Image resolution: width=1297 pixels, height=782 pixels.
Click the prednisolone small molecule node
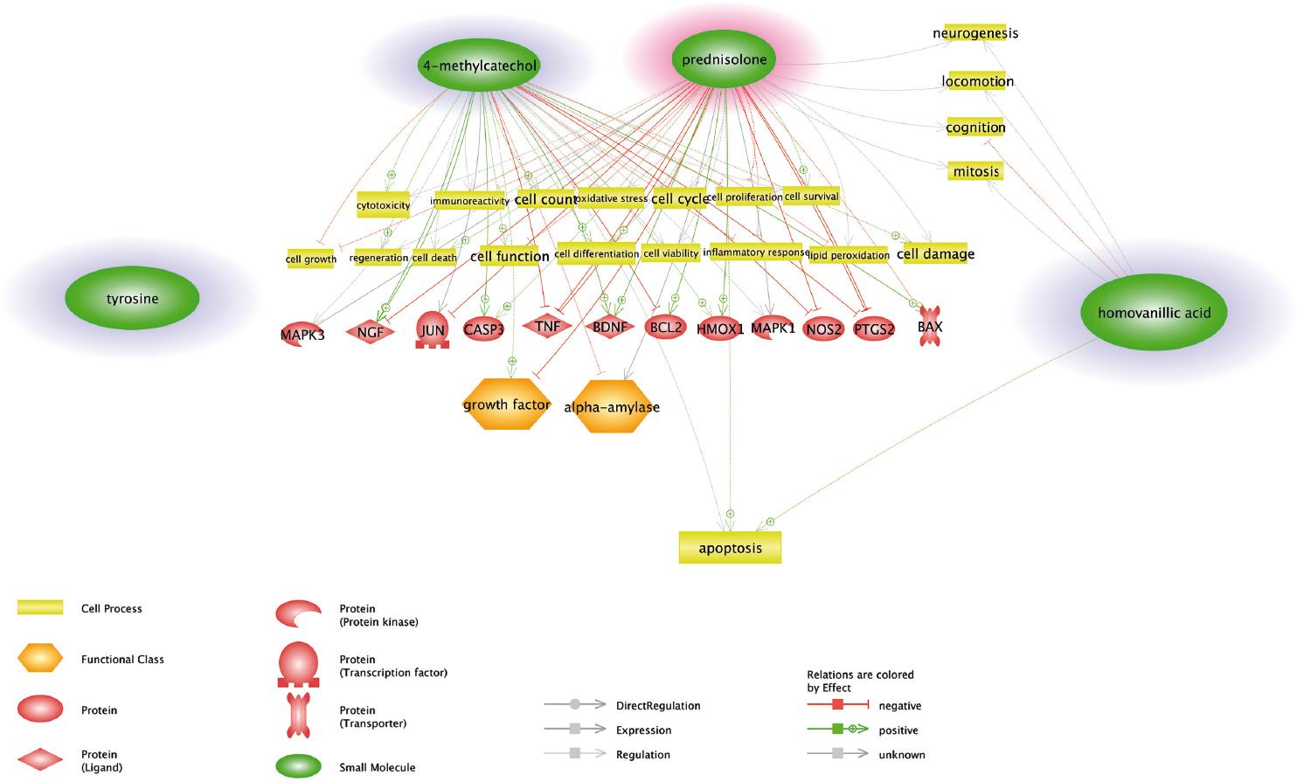[x=724, y=59]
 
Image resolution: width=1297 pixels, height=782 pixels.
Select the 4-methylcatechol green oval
[x=479, y=66]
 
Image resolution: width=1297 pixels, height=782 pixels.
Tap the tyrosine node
[x=132, y=299]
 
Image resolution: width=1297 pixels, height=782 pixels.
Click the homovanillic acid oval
[x=1153, y=313]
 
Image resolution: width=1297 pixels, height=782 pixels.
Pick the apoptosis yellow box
[x=730, y=548]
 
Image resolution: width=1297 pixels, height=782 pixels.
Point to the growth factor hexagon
[x=506, y=405]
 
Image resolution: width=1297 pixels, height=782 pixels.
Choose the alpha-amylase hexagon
[x=612, y=407]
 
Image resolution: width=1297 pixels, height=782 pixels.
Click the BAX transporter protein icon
[x=930, y=328]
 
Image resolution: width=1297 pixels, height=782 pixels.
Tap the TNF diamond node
[x=547, y=326]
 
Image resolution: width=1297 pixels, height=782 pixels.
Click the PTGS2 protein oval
[x=873, y=329]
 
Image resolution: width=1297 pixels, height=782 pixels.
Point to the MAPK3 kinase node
[x=302, y=334]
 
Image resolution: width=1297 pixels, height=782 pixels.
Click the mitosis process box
[x=975, y=171]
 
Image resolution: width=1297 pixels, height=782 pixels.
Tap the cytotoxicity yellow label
[x=383, y=205]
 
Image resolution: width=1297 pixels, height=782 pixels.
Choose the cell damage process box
[x=934, y=254]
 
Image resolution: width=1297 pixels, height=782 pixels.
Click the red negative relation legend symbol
[x=837, y=705]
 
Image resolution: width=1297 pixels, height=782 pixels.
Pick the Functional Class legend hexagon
[x=40, y=659]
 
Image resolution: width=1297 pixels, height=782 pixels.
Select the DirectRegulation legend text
[x=657, y=705]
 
